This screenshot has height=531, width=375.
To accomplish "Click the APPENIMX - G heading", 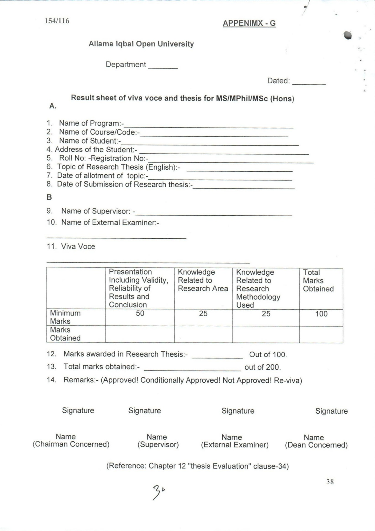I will (249, 23).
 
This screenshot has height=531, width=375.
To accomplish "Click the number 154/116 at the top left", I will (57, 21).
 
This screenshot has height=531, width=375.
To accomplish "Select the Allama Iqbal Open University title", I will (141, 44).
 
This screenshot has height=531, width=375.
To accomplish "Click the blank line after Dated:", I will (309, 83).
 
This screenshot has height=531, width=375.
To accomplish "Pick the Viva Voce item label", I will (78, 247).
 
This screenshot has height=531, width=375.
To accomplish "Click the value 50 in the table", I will (140, 313).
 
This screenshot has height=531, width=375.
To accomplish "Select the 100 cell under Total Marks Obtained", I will (321, 314).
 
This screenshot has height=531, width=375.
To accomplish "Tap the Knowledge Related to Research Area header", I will (203, 280).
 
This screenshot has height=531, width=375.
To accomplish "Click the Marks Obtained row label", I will (65, 334).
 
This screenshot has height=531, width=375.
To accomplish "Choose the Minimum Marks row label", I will (65, 317).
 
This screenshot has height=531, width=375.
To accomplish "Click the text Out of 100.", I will (268, 355).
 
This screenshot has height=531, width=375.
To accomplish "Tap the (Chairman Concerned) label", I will (71, 444).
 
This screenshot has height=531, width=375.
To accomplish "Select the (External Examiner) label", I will (235, 445).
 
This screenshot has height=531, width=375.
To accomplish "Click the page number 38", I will (330, 482).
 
